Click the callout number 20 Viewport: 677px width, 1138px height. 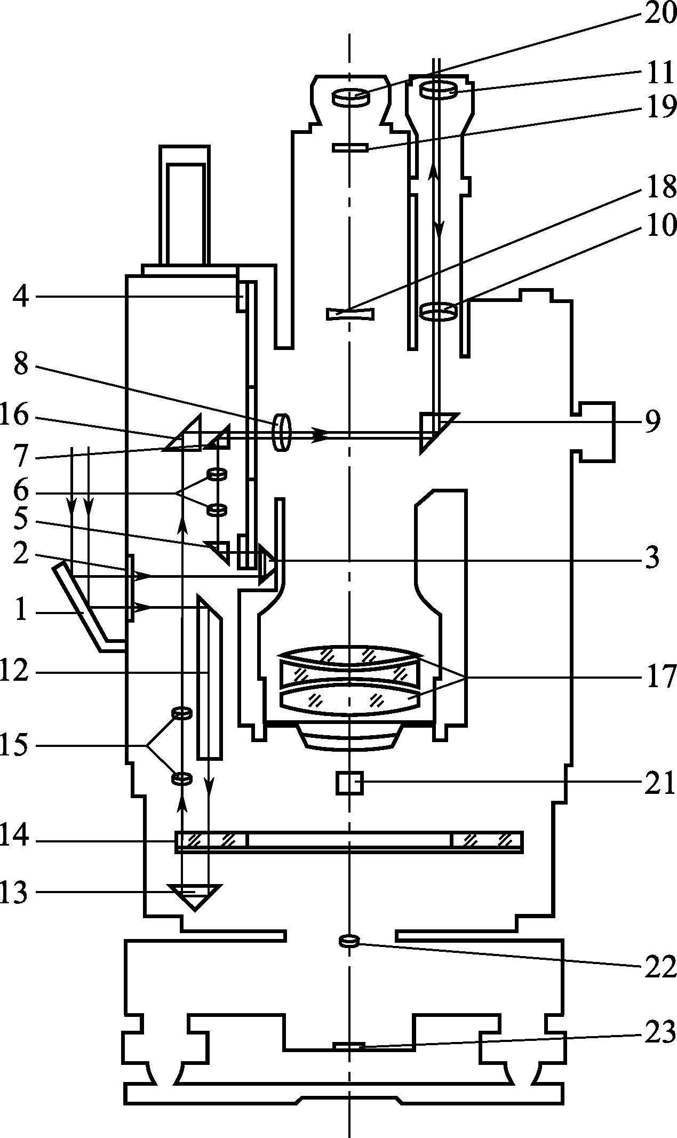[x=660, y=13]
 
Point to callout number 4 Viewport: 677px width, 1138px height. [x=21, y=297]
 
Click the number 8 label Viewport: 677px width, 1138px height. [x=21, y=365]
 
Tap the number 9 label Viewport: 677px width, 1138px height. [x=652, y=421]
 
